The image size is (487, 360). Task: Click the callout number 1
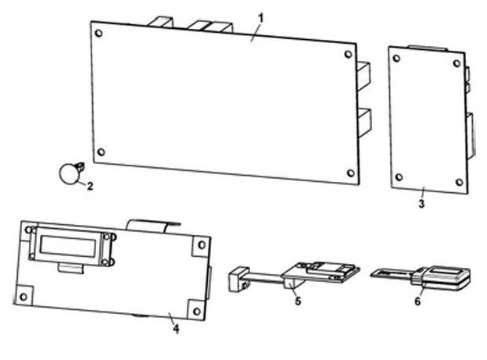click(261, 19)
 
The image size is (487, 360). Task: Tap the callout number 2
click(90, 186)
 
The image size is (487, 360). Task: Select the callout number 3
click(421, 204)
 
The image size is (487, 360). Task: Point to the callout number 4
click(176, 329)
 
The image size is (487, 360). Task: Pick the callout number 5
click(298, 301)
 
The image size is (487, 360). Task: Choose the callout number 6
click(417, 301)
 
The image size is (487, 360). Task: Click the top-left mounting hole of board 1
click(98, 33)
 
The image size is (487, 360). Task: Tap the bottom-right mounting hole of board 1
click(351, 173)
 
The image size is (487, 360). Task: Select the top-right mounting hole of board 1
click(349, 55)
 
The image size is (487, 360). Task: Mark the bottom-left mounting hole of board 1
click(102, 152)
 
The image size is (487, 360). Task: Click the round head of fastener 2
click(68, 174)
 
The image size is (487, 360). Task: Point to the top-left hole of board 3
click(396, 58)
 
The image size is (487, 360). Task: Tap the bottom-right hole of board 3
click(460, 182)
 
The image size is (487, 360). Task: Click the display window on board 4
click(68, 245)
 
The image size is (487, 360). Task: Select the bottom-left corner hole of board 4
click(23, 297)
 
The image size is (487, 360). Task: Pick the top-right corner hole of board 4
click(202, 245)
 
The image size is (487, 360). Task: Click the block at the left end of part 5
click(239, 280)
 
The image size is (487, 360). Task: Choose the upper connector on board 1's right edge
click(363, 77)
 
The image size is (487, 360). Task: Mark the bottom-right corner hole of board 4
click(197, 311)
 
